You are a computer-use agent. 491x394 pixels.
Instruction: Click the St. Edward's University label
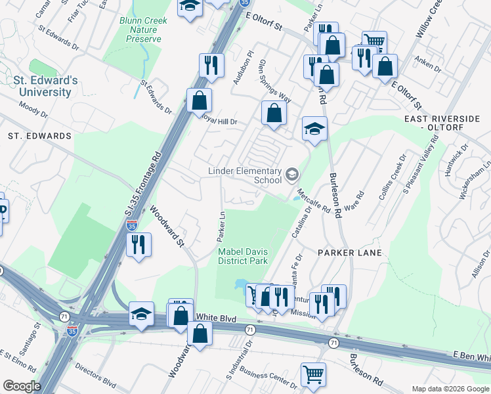click(x=46, y=86)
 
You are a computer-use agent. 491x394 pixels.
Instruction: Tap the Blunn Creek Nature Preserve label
click(x=144, y=30)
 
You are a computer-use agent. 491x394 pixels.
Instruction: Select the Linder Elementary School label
click(x=245, y=175)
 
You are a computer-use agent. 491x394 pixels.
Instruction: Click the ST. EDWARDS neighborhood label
click(x=39, y=136)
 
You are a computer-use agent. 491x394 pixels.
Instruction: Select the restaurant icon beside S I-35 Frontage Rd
click(x=139, y=246)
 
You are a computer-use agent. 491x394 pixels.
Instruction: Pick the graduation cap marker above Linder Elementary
click(x=314, y=129)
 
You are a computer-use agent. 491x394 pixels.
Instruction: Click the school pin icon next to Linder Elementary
click(x=292, y=175)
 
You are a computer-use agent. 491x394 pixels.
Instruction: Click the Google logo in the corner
click(x=22, y=386)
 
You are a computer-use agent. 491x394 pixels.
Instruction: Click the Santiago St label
click(x=33, y=334)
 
